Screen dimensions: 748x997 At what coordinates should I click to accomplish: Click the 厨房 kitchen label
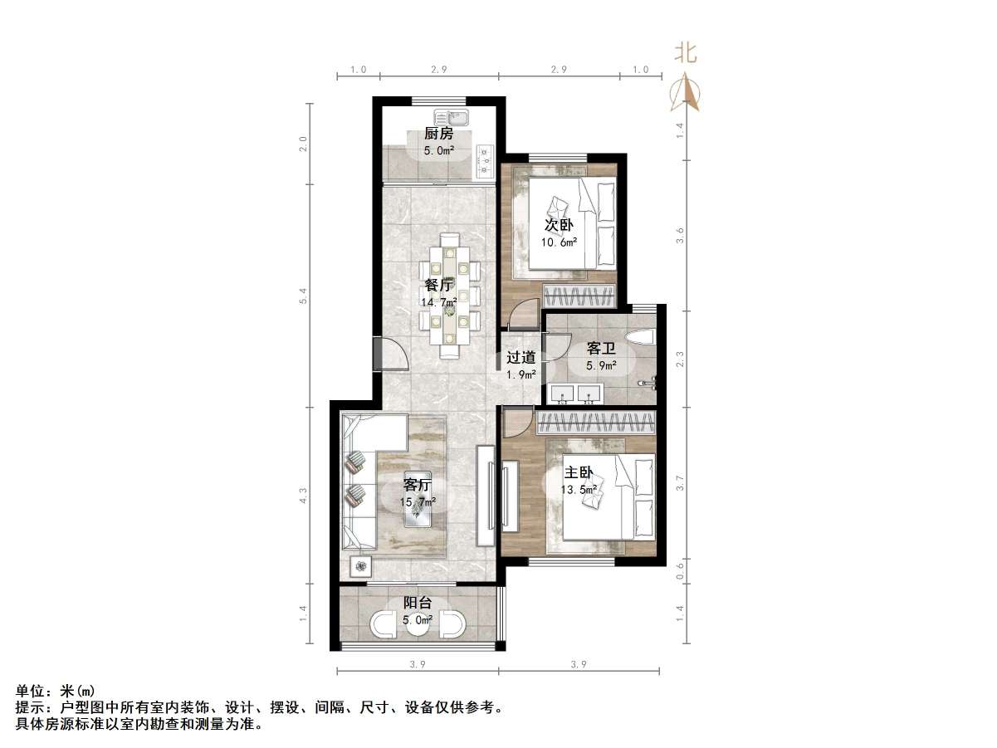pyautogui.click(x=438, y=134)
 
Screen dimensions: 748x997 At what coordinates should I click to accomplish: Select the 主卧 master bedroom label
pyautogui.click(x=579, y=472)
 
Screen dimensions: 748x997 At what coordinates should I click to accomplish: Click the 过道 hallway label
pyautogui.click(x=521, y=357)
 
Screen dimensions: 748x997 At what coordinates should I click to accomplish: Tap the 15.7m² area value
pyautogui.click(x=418, y=502)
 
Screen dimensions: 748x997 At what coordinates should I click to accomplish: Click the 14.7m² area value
pyautogui.click(x=439, y=303)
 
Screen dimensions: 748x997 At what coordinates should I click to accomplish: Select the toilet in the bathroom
pyautogui.click(x=643, y=336)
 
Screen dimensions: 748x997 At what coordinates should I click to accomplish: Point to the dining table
pyautogui.click(x=449, y=295)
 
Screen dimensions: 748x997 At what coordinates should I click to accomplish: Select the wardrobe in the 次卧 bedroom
pyautogui.click(x=579, y=295)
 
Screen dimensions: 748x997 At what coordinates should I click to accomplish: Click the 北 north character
pyautogui.click(x=685, y=54)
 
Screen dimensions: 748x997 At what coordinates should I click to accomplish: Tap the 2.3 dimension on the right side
pyautogui.click(x=681, y=358)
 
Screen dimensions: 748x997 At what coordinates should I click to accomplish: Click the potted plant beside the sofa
pyautogui.click(x=361, y=567)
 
